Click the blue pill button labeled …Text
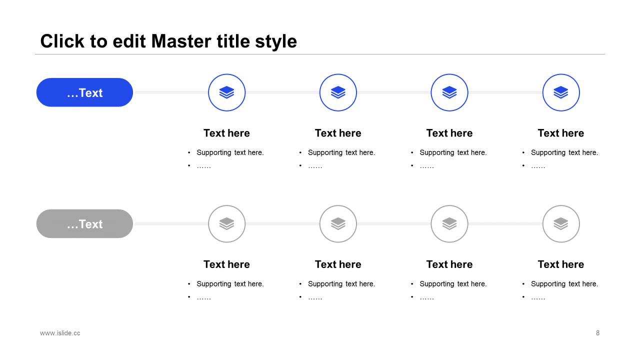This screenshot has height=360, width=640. point(84,92)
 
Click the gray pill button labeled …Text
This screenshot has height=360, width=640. point(84,224)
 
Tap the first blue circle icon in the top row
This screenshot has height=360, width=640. point(226,92)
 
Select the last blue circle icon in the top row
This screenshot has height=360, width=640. point(561,92)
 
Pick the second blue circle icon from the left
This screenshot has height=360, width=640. point(338,92)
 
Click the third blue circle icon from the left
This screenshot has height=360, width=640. point(449,92)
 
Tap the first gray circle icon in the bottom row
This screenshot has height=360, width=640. point(226,224)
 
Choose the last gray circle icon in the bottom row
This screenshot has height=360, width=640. point(561,224)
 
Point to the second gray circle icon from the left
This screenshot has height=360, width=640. point(338,224)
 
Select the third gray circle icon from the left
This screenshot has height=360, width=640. point(449,224)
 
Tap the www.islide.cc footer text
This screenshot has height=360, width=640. point(60,333)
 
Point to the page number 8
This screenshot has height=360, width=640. point(597,333)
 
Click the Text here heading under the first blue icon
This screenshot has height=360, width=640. point(226,133)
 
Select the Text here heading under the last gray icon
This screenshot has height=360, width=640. point(561,264)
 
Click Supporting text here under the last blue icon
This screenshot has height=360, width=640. point(564,152)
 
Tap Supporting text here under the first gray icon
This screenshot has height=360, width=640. point(230,284)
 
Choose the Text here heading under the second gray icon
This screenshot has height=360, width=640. point(338,264)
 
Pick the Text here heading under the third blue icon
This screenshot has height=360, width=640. point(449,133)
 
